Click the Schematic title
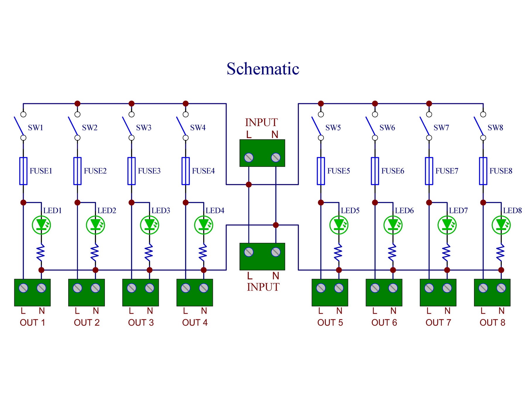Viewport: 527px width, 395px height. click(263, 69)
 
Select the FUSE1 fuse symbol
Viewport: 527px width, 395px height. click(23, 171)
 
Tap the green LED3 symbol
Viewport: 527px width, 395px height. click(150, 225)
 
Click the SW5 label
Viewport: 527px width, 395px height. click(333, 128)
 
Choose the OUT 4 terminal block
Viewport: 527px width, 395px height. click(195, 293)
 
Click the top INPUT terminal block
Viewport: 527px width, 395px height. click(262, 153)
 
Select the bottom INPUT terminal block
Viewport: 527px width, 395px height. click(262, 256)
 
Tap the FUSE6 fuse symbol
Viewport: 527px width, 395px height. click(375, 171)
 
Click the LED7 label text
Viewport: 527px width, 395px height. click(458, 210)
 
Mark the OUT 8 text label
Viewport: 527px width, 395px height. click(492, 322)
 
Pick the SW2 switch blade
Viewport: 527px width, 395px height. click(73, 126)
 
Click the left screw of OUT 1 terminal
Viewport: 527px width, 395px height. click(23, 288)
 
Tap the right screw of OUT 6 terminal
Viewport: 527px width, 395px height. click(393, 288)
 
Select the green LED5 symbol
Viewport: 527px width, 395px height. click(339, 225)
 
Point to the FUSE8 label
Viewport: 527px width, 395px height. click(501, 171)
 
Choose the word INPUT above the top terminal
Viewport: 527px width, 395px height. click(261, 122)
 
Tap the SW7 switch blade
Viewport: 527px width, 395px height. click(425, 126)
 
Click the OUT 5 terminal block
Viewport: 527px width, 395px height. click(330, 293)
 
